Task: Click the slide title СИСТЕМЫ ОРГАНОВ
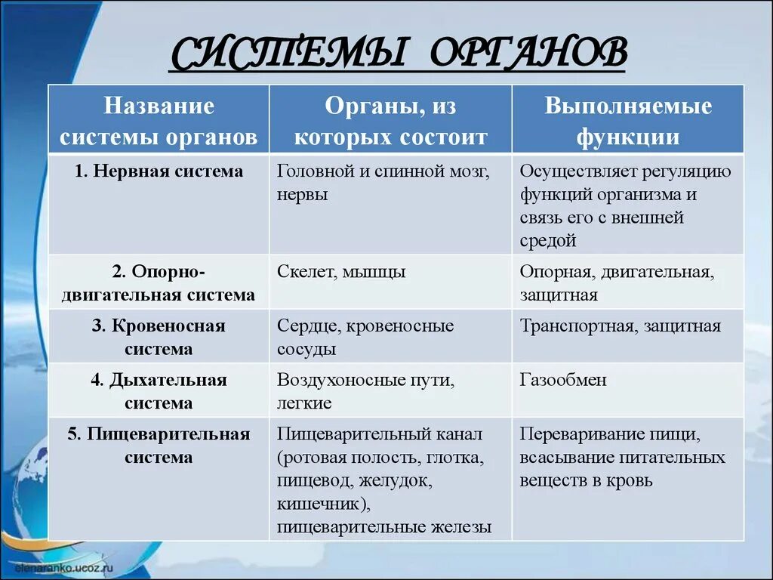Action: pos(398,53)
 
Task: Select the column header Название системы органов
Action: pos(159,122)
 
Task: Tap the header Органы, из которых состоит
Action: pos(390,122)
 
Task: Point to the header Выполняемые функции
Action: pos(628,122)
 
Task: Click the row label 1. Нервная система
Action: pos(159,171)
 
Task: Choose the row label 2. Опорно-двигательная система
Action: pos(159,283)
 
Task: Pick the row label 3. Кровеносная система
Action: pos(159,338)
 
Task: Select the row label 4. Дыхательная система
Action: pos(159,391)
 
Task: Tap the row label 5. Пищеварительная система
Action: pos(159,446)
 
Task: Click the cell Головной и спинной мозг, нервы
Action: pos(383,183)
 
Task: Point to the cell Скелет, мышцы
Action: pos(341,272)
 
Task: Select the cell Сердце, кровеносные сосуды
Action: pos(365,338)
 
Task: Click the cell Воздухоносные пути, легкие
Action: pos(365,391)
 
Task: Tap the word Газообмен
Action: pos(563,380)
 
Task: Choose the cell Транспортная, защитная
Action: pos(620,326)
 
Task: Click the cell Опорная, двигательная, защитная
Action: pos(616,283)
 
